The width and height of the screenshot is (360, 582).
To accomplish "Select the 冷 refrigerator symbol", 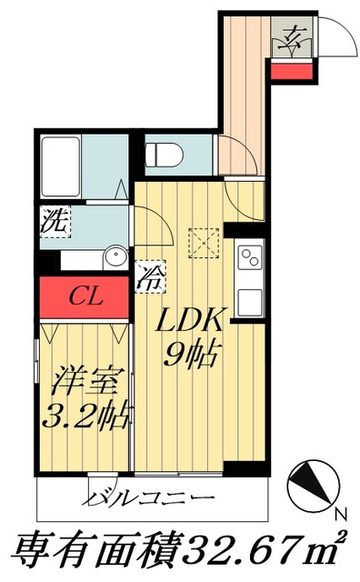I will coord(149,276).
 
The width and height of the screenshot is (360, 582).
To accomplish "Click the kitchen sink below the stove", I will coord(249,298).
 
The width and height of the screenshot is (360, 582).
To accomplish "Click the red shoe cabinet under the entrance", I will coord(292,71).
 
